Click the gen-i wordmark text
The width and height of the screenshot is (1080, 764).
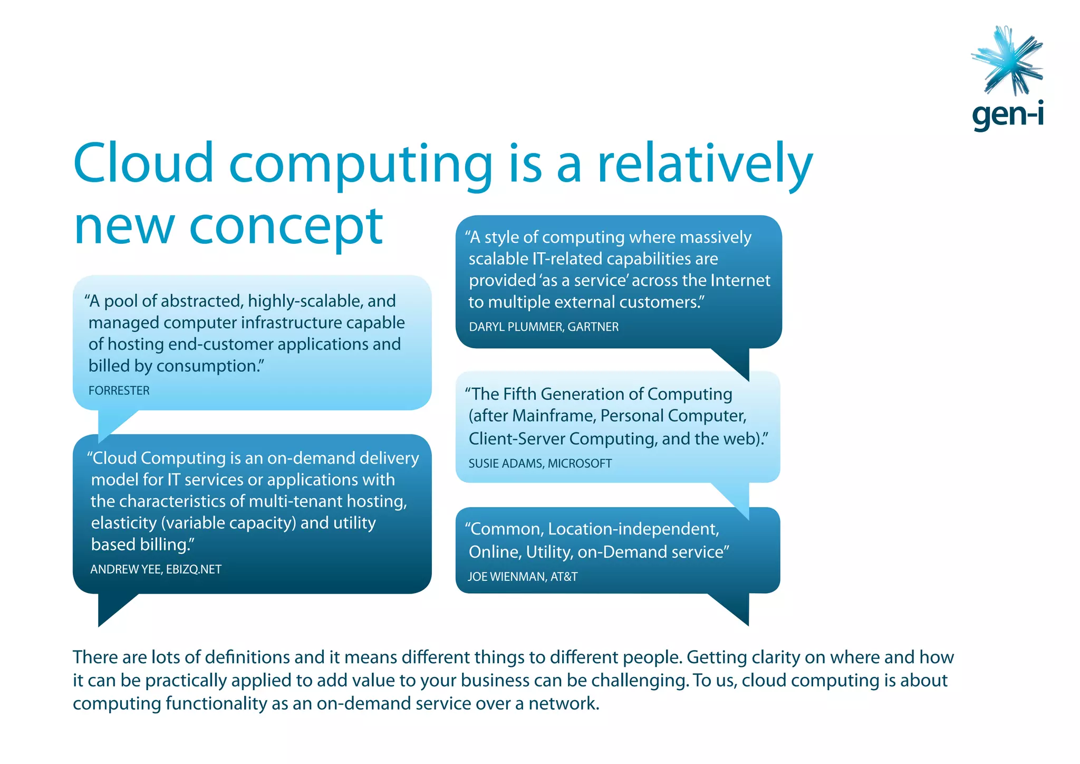1007,114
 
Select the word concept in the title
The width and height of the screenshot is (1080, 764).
285,228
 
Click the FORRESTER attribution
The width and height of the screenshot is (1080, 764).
119,391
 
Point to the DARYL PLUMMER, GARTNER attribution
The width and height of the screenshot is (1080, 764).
544,327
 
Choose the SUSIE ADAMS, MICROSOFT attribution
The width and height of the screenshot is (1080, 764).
540,464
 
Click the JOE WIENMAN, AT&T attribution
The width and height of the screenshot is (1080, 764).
523,577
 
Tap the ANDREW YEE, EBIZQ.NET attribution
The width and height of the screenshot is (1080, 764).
156,570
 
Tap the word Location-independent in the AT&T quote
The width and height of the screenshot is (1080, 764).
633,529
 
